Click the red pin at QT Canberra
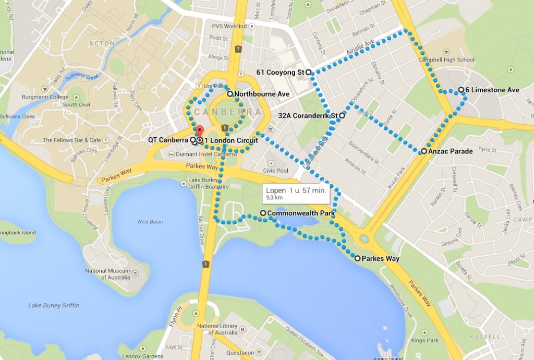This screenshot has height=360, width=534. (x=198, y=131)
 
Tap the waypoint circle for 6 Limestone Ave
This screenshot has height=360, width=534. (x=461, y=90)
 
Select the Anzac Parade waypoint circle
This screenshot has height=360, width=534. (x=424, y=151)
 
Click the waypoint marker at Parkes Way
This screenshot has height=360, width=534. (x=357, y=258)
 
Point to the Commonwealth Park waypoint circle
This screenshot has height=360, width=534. (x=263, y=213)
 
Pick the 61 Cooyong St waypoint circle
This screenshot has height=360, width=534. (x=308, y=72)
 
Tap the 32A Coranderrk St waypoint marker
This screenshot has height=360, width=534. (x=342, y=115)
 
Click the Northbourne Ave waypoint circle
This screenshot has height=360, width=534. (x=230, y=94)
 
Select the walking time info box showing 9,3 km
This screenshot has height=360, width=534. (x=296, y=193)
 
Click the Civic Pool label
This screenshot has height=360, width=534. (x=276, y=171)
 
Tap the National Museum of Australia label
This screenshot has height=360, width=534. (x=108, y=274)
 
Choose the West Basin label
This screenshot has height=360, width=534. (x=150, y=222)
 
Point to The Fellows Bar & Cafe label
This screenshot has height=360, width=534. (x=72, y=140)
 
